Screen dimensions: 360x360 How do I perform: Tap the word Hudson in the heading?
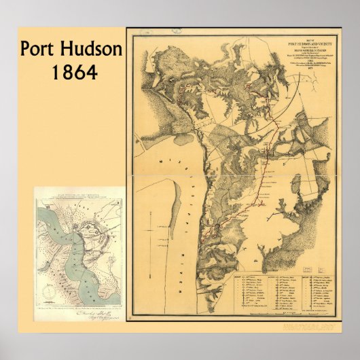coord(94,49)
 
